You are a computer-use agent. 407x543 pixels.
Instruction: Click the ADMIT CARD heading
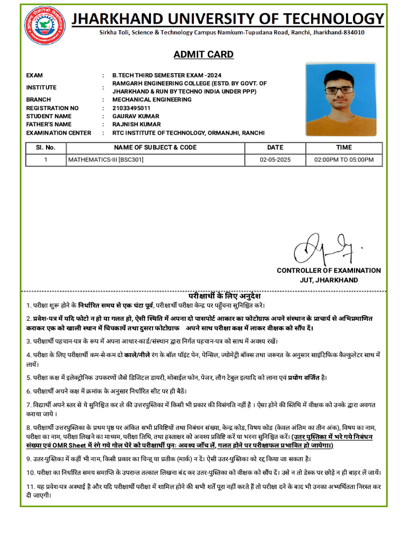(x=203, y=55)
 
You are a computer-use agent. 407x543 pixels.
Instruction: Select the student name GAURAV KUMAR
(x=136, y=116)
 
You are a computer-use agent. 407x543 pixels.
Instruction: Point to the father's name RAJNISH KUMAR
(x=136, y=125)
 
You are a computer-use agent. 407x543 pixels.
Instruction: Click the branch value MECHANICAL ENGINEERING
(x=152, y=100)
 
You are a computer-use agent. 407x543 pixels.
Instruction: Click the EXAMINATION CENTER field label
(x=58, y=133)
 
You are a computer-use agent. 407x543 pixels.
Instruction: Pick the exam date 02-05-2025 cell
(x=275, y=160)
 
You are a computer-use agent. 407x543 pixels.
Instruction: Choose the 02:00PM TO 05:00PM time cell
(x=344, y=160)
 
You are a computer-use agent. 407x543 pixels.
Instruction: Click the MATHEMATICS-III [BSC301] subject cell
(x=105, y=160)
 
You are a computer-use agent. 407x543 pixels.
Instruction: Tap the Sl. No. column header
(x=46, y=147)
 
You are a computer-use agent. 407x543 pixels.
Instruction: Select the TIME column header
(x=344, y=147)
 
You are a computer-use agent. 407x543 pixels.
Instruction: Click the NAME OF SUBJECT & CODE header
(x=155, y=147)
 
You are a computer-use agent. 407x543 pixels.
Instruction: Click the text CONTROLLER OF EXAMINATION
(x=329, y=270)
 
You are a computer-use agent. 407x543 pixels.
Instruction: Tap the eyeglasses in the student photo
(x=340, y=90)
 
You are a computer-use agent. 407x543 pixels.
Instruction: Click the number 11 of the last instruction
(x=30, y=487)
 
